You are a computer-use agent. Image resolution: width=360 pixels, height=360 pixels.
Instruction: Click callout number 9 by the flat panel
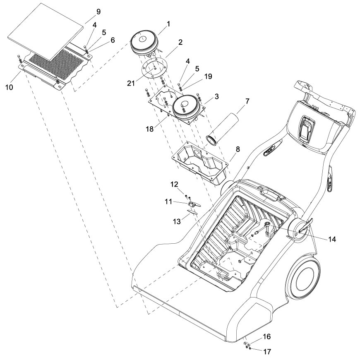[x=98, y=12]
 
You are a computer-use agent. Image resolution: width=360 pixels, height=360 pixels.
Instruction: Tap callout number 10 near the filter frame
[x=10, y=87]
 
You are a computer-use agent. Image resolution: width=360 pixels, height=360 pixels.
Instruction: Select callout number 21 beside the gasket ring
[x=131, y=83]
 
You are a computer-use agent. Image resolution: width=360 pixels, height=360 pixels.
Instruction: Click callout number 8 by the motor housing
[x=238, y=149]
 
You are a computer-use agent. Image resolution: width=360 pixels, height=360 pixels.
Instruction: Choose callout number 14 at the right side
[x=332, y=239]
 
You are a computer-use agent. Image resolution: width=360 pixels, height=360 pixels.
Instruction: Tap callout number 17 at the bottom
[x=267, y=351]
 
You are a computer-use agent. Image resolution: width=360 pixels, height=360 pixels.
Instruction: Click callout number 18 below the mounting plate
[x=150, y=129]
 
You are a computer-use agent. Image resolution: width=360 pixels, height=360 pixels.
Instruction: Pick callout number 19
[x=208, y=77]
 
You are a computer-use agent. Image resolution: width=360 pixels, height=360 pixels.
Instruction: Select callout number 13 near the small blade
[x=177, y=221]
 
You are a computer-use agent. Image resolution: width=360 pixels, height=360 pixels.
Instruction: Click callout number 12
[x=174, y=185]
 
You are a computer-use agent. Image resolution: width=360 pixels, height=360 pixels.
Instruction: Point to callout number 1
[x=168, y=24]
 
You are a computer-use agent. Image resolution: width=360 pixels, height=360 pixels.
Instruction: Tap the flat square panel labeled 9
[x=45, y=31]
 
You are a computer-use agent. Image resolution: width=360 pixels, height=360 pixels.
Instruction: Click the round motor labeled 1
[x=144, y=43]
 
